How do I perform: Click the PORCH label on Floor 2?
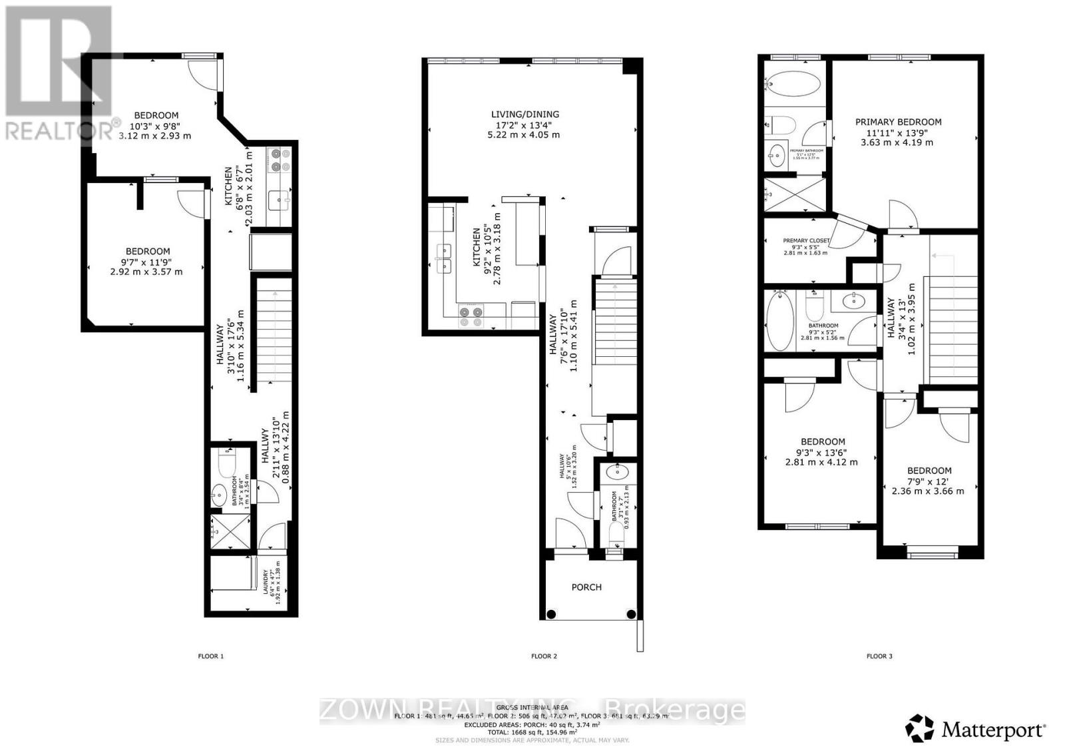tap(586, 587)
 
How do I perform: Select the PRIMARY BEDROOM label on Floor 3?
tap(898, 122)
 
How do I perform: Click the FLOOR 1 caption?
tap(211, 656)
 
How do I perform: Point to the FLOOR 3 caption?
tap(879, 656)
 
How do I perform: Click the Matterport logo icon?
tap(920, 729)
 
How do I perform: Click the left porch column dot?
tap(551, 614)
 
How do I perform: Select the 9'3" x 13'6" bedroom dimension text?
tap(823, 452)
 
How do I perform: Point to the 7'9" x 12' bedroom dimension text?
tap(929, 481)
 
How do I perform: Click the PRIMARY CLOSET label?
tap(806, 241)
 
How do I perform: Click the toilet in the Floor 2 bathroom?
tap(617, 533)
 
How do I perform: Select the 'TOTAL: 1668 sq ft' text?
tap(532, 732)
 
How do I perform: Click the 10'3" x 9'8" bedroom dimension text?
tap(156, 126)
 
